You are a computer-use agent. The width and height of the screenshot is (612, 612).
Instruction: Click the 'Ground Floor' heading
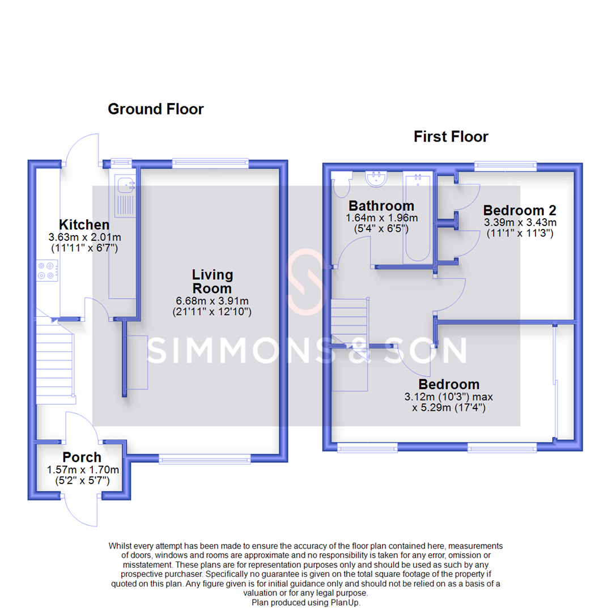(155, 109)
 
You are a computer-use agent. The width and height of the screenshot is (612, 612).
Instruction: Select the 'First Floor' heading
(450, 137)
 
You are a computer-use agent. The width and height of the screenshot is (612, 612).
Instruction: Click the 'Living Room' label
(212, 282)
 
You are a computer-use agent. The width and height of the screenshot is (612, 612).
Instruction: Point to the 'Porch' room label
(82, 457)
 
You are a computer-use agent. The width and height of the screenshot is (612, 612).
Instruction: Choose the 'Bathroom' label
(381, 205)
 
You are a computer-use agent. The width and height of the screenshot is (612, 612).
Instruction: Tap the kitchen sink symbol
(124, 195)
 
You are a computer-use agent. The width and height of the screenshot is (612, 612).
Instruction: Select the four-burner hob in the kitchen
(47, 270)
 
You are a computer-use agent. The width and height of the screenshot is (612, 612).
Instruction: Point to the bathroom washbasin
(375, 178)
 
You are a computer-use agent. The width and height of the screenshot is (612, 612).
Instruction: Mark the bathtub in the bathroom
(417, 218)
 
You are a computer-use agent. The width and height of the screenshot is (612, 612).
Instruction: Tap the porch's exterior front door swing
(79, 510)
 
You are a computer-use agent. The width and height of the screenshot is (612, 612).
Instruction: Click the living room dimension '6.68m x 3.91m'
(212, 301)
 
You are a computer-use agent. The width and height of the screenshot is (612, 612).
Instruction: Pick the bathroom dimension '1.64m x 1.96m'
(381, 218)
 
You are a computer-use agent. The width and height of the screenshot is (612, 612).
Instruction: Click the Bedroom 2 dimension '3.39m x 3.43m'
(520, 222)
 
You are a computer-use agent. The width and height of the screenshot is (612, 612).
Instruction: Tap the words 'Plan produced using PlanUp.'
(306, 602)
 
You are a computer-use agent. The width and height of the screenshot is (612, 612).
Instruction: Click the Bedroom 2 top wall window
(505, 167)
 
